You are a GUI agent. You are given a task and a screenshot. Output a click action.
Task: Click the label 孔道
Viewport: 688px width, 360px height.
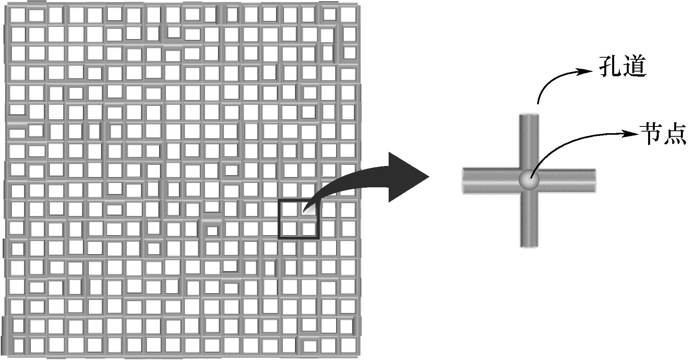622,66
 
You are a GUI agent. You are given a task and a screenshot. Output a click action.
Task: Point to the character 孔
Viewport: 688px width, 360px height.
610,66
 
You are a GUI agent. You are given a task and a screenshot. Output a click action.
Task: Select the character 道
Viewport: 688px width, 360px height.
634,66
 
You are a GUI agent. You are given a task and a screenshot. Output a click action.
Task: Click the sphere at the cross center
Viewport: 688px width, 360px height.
529,180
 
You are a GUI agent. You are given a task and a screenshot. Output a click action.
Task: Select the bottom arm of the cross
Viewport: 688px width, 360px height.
529,221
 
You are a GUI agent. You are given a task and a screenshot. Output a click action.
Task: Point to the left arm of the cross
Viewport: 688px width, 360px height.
490,181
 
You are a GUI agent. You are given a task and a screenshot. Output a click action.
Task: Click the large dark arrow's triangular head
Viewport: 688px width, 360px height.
407,177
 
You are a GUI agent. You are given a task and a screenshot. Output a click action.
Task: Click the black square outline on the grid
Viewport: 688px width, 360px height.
279,219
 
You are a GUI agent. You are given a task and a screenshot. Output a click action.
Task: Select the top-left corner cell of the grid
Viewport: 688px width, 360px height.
17,15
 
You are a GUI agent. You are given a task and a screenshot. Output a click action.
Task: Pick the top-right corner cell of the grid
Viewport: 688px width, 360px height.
348,15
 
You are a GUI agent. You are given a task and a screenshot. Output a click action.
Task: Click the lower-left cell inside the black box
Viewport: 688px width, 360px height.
289,228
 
